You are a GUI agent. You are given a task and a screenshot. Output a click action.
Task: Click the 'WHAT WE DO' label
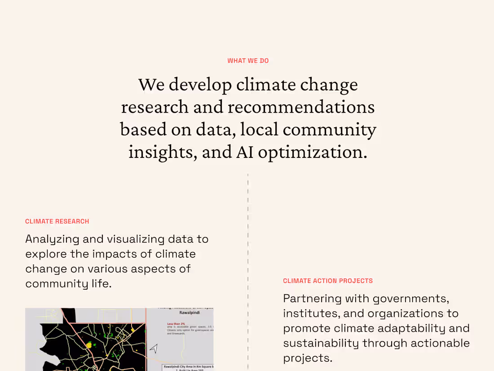pyautogui.click(x=248, y=61)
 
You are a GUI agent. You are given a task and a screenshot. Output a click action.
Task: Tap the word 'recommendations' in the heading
pyautogui.click(x=301, y=107)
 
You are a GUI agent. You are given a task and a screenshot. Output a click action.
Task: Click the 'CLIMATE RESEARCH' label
pyautogui.click(x=57, y=221)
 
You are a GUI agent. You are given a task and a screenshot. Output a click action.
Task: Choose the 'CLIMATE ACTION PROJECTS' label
pyautogui.click(x=328, y=281)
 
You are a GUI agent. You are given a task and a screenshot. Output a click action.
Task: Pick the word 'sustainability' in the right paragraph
pyautogui.click(x=321, y=343)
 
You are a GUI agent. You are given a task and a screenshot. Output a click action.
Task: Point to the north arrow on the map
pyautogui.click(x=154, y=348)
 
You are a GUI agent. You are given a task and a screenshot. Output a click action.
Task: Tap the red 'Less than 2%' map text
pyautogui.click(x=176, y=324)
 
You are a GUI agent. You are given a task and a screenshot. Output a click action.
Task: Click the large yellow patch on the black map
pyautogui.click(x=89, y=345)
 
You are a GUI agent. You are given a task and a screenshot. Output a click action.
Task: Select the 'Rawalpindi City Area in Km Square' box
pyautogui.click(x=188, y=367)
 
